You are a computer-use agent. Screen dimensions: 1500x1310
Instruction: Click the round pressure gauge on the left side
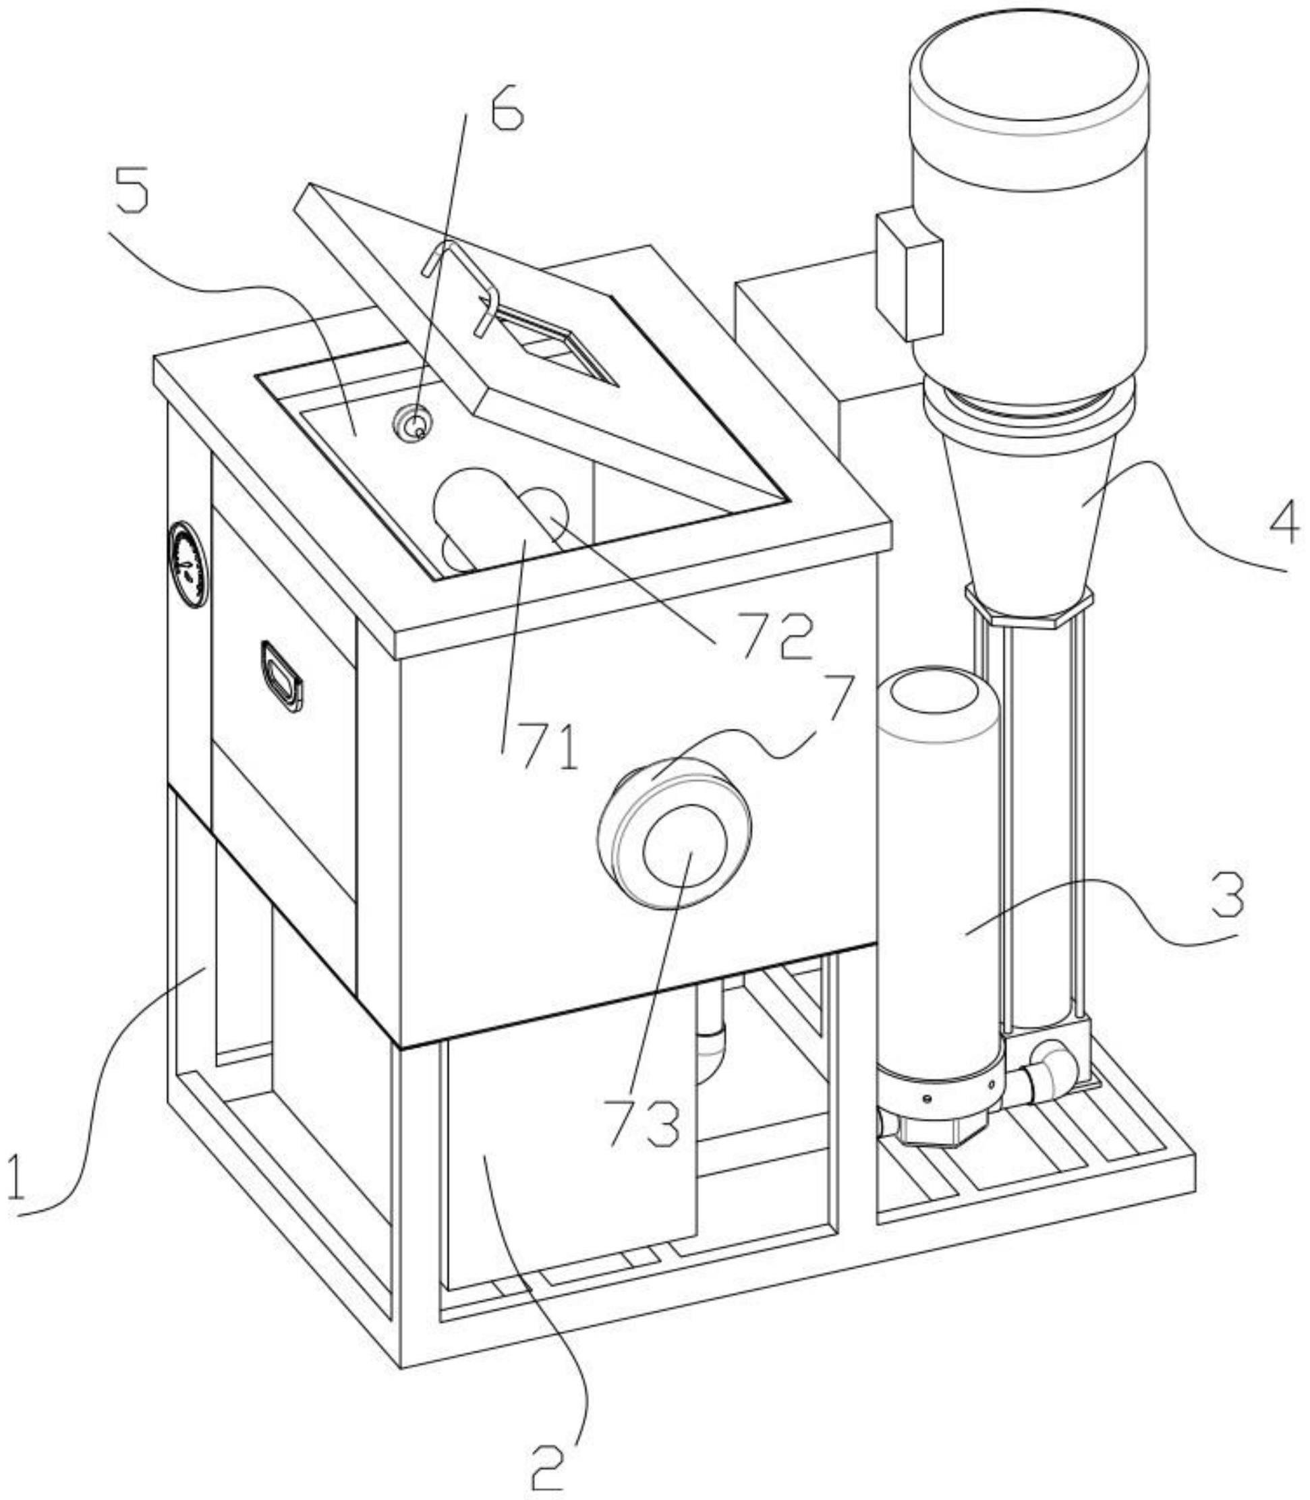[x=189, y=564]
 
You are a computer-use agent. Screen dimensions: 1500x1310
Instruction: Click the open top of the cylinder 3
[x=938, y=701]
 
